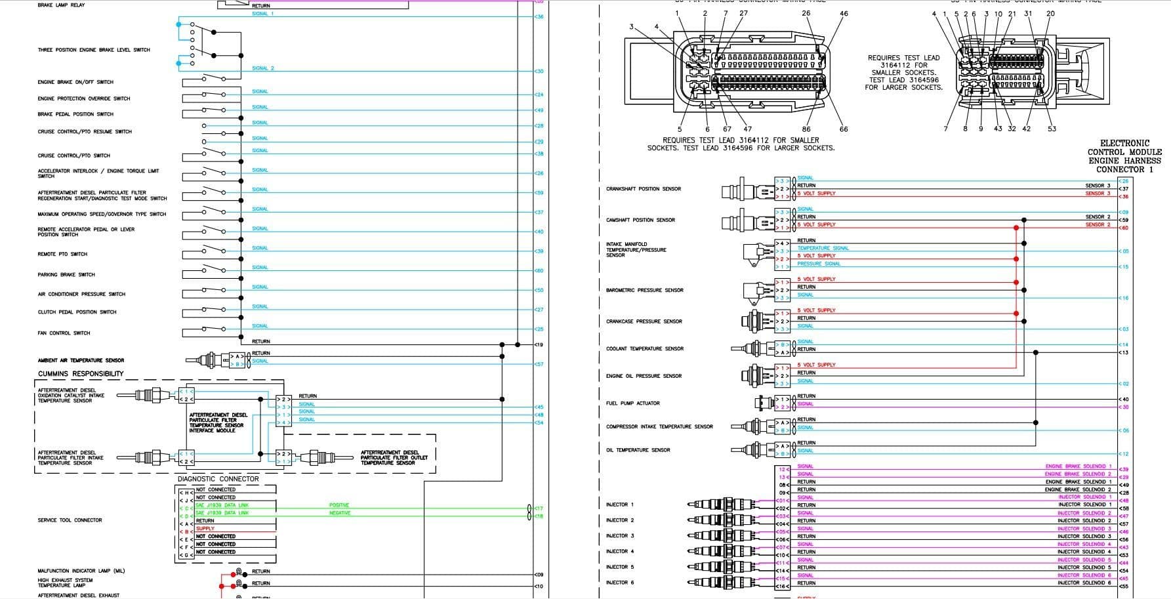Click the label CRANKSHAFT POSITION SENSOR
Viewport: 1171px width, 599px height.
(x=643, y=189)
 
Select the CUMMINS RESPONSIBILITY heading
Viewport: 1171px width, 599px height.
(x=81, y=374)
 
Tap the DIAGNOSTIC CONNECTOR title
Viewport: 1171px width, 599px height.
(x=218, y=479)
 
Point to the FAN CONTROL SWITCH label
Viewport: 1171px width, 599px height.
(x=64, y=333)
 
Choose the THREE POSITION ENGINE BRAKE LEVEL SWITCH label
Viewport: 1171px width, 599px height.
(x=94, y=50)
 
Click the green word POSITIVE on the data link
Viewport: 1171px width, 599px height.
(x=339, y=505)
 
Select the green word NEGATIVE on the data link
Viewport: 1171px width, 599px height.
(x=339, y=513)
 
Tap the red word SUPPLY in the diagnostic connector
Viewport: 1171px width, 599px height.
(x=205, y=529)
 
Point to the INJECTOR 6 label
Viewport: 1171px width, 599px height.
(x=620, y=583)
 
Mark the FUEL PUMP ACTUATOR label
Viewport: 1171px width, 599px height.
(x=632, y=403)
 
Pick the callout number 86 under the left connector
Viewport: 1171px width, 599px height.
(x=806, y=129)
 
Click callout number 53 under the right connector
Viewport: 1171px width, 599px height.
(x=1052, y=129)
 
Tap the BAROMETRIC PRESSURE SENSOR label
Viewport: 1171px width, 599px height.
(x=644, y=290)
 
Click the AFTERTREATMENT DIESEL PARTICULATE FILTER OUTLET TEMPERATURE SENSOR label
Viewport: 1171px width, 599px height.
(x=394, y=457)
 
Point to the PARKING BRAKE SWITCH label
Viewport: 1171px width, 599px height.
(x=66, y=275)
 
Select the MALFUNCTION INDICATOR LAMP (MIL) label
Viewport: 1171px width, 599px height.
(x=81, y=571)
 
